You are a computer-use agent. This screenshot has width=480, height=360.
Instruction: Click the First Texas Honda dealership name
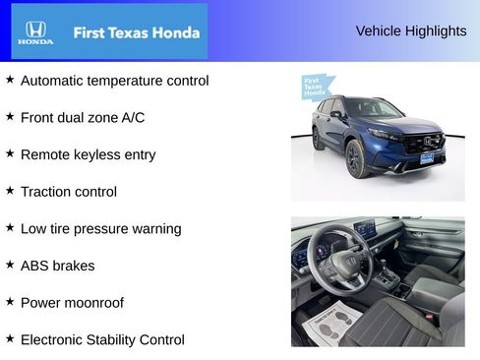tap(137, 32)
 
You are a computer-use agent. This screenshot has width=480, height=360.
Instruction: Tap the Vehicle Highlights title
tap(411, 30)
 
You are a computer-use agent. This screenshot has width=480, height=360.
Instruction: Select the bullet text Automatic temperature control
tap(114, 81)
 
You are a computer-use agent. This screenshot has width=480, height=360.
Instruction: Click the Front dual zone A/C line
tap(83, 118)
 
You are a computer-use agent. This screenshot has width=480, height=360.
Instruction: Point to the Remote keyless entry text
tap(88, 154)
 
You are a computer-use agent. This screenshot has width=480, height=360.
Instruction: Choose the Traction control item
tap(68, 192)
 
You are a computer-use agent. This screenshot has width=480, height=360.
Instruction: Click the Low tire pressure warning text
tap(100, 228)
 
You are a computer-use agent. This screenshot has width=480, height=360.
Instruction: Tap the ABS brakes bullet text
tap(58, 266)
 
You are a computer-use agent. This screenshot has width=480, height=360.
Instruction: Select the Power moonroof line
tap(72, 303)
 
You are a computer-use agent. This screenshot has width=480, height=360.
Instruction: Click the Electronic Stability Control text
tap(102, 339)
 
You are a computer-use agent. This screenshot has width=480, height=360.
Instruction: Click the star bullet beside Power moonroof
tap(10, 302)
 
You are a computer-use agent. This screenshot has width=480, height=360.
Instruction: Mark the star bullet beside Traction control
tap(10, 191)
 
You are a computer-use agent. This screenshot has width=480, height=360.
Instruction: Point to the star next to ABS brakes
tap(10, 265)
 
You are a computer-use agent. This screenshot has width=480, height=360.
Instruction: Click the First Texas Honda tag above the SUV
tap(315, 87)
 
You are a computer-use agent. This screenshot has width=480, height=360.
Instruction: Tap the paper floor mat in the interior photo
tap(330, 323)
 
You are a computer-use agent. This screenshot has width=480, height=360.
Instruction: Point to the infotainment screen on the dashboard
tap(364, 230)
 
